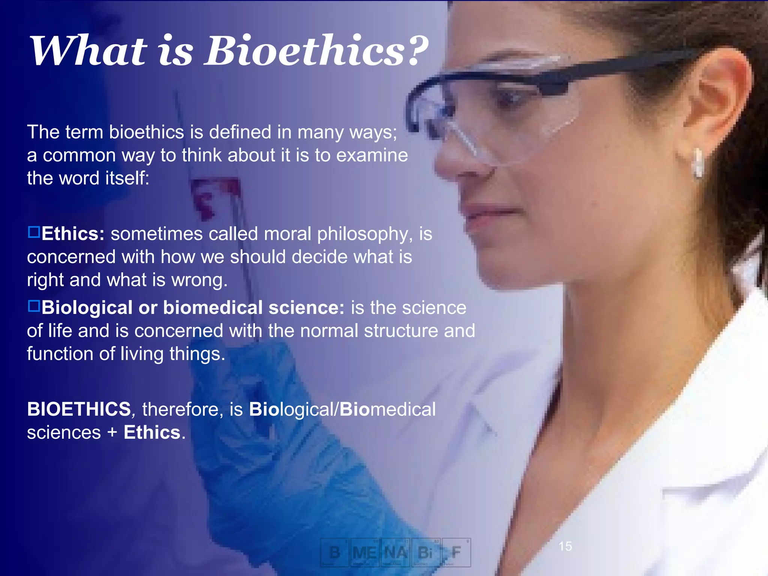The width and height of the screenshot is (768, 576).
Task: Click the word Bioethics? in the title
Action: [316, 51]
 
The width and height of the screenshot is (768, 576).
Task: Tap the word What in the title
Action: [88, 51]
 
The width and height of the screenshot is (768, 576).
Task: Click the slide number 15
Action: [565, 546]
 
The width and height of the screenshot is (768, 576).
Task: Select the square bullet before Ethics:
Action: [34, 232]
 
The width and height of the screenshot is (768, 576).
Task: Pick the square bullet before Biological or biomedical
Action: [34, 306]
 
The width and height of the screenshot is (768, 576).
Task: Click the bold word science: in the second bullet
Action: [306, 307]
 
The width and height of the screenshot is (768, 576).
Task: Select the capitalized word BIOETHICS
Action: [79, 409]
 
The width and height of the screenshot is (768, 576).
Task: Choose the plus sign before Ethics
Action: [112, 432]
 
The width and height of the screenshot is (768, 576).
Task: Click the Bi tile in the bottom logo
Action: [426, 552]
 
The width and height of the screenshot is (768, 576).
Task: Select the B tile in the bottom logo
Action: [334, 552]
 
